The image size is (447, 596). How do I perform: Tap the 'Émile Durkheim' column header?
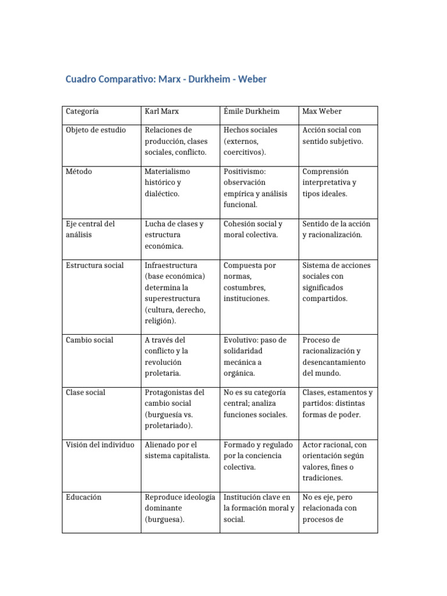(251, 111)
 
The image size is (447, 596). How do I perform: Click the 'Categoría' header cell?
(82, 111)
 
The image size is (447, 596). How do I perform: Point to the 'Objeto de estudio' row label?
(95, 130)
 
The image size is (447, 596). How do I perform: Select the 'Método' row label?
(79, 172)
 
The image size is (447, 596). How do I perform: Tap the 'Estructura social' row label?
(95, 265)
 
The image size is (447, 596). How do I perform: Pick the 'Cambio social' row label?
(90, 340)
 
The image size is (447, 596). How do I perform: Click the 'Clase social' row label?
(86, 392)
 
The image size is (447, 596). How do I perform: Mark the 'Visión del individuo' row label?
(100, 445)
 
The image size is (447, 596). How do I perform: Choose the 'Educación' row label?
(84, 497)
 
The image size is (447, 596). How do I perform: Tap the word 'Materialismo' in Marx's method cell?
(168, 172)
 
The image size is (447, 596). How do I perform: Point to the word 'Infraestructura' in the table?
(172, 265)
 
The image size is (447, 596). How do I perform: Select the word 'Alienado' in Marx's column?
(160, 445)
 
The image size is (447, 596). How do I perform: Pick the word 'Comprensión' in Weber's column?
(325, 172)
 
